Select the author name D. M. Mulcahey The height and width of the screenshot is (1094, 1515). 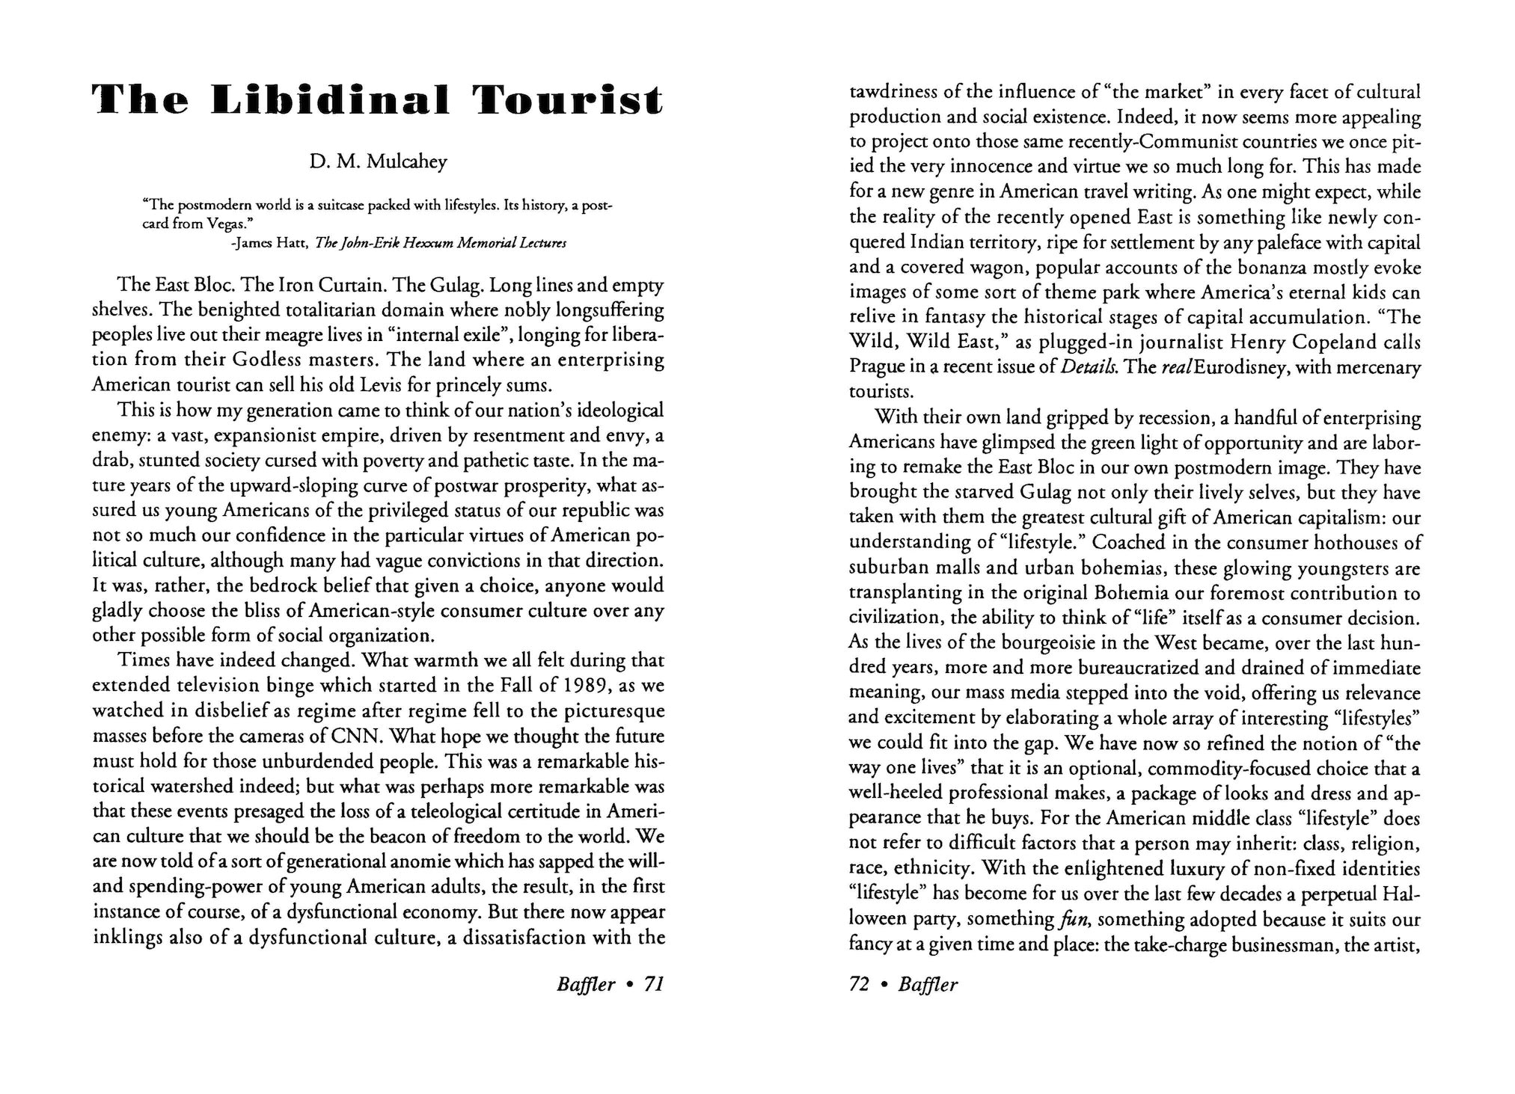pos(378,162)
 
